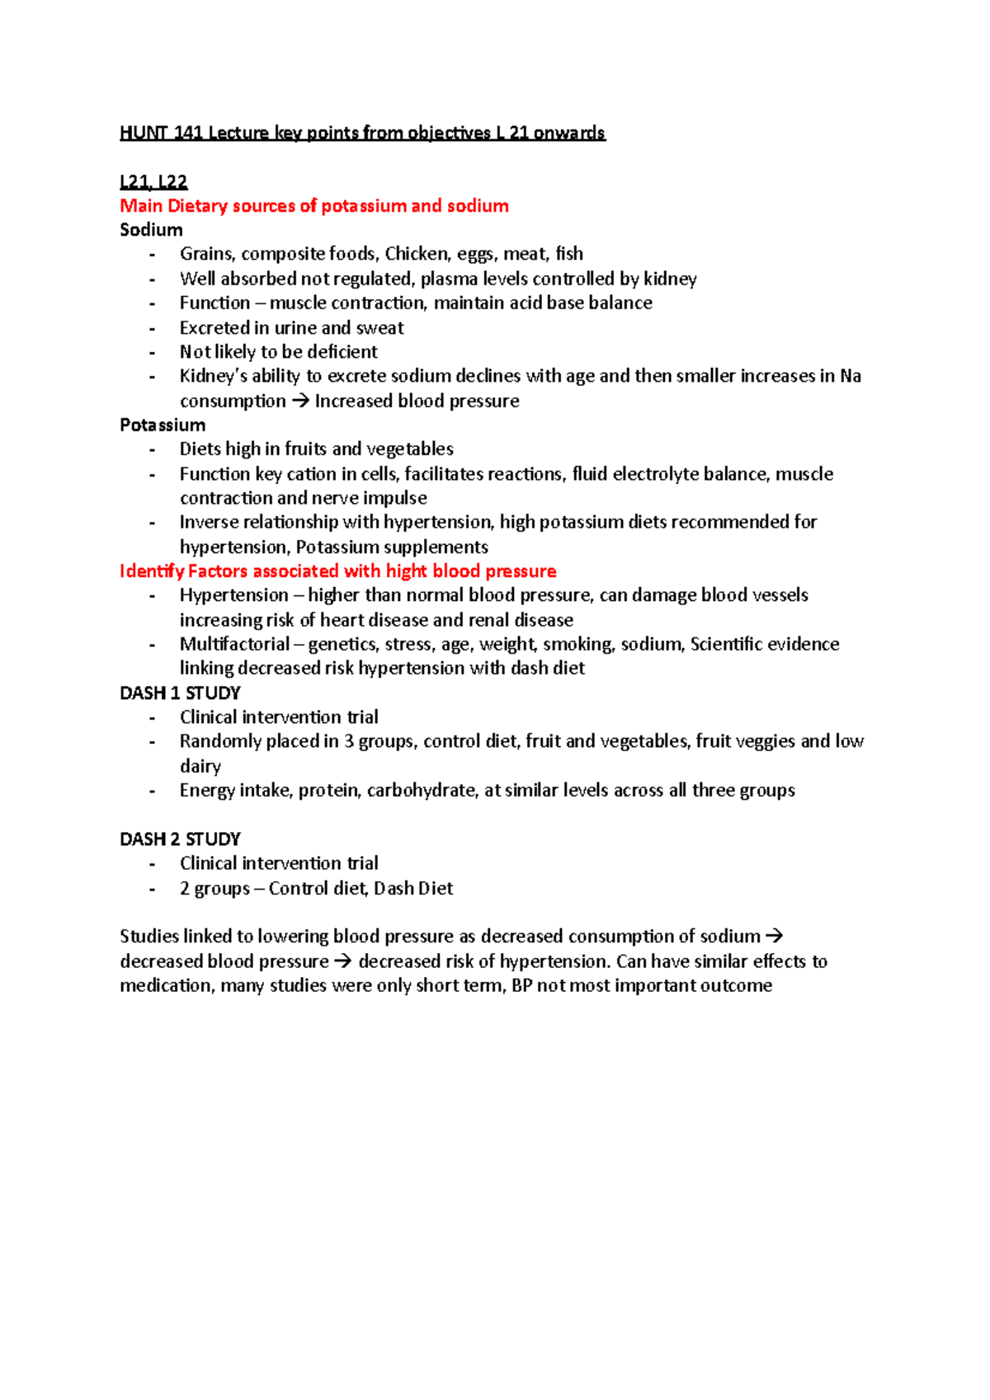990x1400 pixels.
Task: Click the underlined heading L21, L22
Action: pyautogui.click(x=153, y=181)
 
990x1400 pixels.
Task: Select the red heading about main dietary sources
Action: pyautogui.click(x=313, y=206)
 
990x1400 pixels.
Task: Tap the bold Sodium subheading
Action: pyautogui.click(x=151, y=230)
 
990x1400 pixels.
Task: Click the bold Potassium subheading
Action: pyautogui.click(x=163, y=425)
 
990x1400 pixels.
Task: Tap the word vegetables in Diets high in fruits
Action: pyautogui.click(x=409, y=449)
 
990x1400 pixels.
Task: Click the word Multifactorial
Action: pyautogui.click(x=234, y=644)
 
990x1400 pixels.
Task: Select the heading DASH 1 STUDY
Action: pyautogui.click(x=180, y=693)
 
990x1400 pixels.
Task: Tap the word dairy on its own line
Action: pyautogui.click(x=200, y=766)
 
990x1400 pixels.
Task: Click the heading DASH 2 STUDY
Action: pyautogui.click(x=180, y=839)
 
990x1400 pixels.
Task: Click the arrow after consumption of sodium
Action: pyautogui.click(x=774, y=937)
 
